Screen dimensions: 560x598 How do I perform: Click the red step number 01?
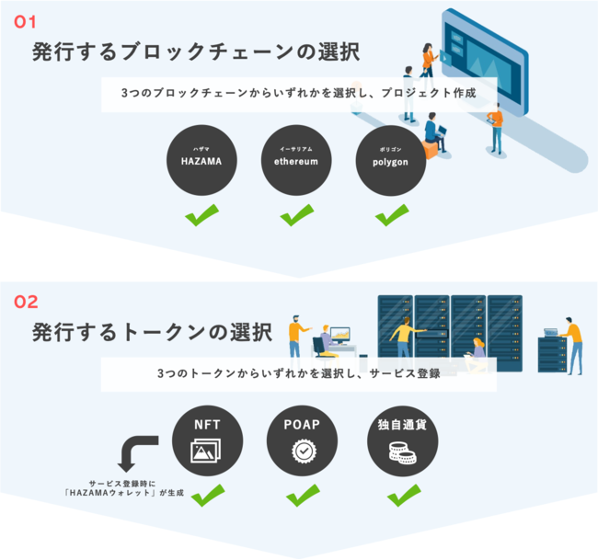click(25, 20)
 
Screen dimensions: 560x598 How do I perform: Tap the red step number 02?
click(27, 301)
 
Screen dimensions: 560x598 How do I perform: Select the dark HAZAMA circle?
click(201, 159)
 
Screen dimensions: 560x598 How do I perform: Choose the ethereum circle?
click(295, 159)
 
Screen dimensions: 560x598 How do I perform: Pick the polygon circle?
click(391, 159)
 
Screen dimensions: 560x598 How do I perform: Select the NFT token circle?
click(206, 440)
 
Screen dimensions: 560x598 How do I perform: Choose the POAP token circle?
click(302, 440)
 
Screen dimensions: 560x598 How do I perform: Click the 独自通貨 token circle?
click(402, 440)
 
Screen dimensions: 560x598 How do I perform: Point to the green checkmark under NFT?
click(206, 495)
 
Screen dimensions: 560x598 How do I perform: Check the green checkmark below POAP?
click(302, 495)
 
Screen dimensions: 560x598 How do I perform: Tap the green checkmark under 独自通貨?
click(402, 495)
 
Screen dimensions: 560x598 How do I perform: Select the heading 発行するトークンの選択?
click(152, 331)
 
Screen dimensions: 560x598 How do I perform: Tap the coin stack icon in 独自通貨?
click(402, 452)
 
